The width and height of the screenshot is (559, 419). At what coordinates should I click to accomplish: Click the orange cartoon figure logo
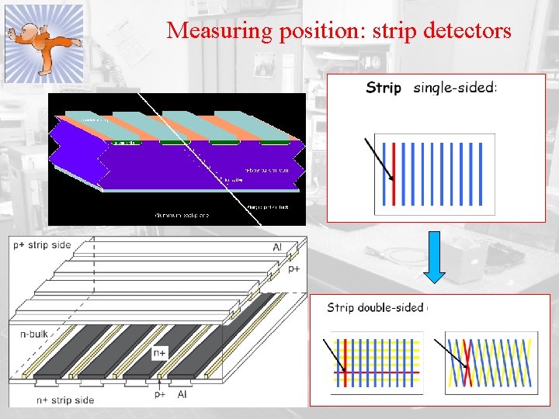point(43,43)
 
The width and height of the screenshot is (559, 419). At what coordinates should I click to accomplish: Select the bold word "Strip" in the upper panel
point(384,88)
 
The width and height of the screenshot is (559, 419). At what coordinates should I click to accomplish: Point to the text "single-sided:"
point(455,88)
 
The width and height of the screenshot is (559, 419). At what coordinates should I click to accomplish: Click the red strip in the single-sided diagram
point(394,173)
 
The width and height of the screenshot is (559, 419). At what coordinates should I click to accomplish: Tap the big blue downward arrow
point(435,257)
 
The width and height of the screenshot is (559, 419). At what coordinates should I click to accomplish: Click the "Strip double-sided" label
point(375,307)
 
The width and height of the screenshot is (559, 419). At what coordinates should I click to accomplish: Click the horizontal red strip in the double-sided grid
point(377,372)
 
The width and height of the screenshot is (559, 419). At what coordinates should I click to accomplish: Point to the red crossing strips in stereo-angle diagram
point(466,363)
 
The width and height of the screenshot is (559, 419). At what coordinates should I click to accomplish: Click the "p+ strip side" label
point(42,245)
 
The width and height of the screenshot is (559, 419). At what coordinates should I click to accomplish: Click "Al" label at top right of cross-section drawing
point(277,248)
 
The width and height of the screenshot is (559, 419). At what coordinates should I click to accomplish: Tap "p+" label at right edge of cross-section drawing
point(294,268)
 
